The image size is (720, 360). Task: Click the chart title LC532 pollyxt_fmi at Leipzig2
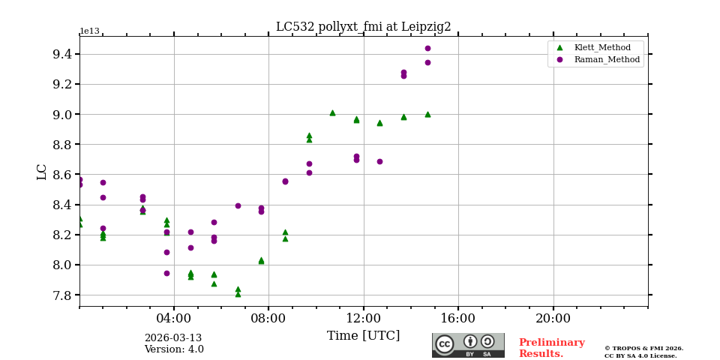[363, 27]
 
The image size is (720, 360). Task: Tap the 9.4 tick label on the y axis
[62, 54]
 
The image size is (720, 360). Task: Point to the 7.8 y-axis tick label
[62, 295]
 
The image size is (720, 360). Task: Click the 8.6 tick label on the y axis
[62, 175]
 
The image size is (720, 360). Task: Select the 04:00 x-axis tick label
[174, 317]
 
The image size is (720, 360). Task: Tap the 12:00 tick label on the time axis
[364, 317]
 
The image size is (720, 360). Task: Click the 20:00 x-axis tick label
[553, 317]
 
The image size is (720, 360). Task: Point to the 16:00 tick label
[458, 317]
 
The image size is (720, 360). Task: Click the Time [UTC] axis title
[363, 336]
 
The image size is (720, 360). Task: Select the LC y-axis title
[42, 172]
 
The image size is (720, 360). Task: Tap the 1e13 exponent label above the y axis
[89, 31]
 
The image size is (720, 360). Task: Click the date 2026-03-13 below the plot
[173, 338]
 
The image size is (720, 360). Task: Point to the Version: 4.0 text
[173, 349]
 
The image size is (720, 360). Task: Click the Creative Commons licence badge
[468, 345]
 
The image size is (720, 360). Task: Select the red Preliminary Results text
[551, 348]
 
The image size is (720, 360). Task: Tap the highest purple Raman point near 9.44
[427, 48]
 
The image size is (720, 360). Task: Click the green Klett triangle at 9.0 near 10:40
[332, 112]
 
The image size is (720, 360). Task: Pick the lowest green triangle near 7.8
[238, 294]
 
